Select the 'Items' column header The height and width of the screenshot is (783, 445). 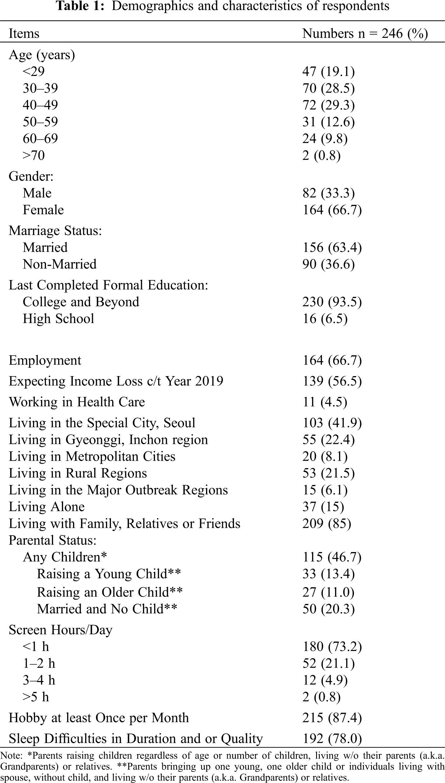24,34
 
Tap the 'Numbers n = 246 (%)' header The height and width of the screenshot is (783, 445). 365,34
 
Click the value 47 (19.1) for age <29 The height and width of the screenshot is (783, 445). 328,72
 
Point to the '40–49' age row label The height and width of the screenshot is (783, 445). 40,105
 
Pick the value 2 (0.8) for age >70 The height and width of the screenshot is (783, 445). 321,155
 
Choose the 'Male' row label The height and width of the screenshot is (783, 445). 37,193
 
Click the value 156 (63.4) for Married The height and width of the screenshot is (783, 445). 332,247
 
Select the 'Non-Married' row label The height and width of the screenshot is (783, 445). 59,264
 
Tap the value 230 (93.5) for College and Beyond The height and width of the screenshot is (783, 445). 332,302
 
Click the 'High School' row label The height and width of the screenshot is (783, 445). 58,319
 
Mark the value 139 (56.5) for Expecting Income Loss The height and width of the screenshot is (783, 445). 332,381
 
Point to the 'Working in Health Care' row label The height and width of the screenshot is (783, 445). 77,402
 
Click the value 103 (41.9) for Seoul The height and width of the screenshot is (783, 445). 332,423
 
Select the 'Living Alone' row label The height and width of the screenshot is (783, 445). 47,507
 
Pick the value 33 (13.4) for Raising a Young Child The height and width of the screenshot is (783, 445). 328,574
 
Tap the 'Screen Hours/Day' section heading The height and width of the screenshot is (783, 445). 60,630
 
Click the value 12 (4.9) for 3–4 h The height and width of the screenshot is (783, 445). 325,680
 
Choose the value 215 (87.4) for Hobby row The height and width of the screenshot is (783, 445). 332,718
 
